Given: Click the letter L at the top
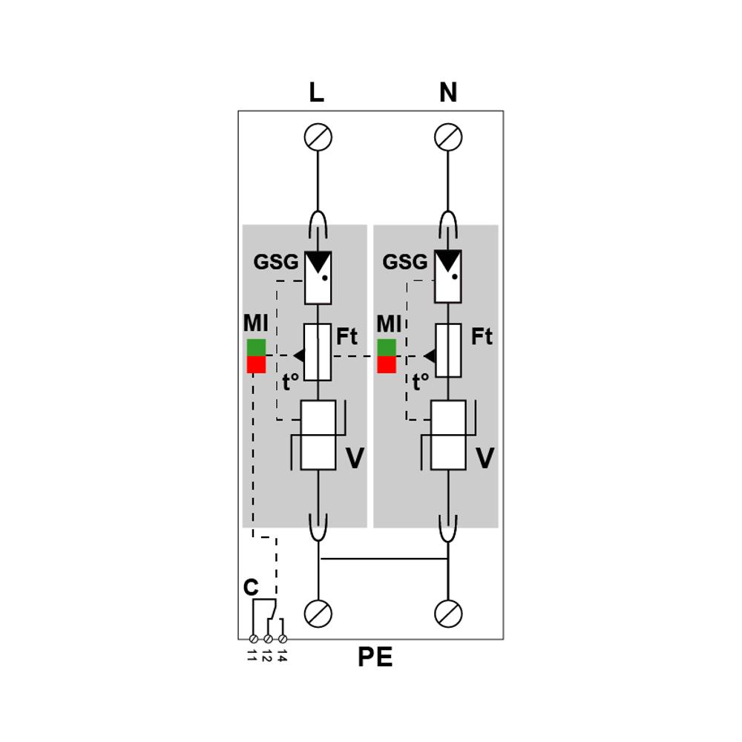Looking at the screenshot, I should tap(317, 93).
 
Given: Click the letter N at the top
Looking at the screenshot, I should tap(448, 93).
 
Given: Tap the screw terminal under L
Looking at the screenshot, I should tap(318, 137).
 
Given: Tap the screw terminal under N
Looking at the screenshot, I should tap(448, 137).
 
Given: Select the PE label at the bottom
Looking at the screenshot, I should tap(375, 657).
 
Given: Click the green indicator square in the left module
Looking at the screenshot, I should tap(256, 347).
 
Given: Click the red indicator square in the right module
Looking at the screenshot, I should tap(387, 365).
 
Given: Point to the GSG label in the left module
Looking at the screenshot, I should tap(276, 262).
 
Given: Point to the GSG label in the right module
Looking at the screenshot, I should tap(405, 262).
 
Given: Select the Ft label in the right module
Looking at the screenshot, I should tap(482, 337).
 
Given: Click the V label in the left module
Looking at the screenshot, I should tap(355, 459).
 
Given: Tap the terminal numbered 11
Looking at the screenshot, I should tap(253, 638).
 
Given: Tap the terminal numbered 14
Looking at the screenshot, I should tap(282, 638).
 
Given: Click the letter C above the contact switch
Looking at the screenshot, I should tap(251, 588).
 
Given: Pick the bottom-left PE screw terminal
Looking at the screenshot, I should tap(318, 614).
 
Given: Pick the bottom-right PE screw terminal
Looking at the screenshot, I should tap(448, 614).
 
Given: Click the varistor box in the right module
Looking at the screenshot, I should tap(448, 435).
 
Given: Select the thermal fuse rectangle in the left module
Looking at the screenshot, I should tap(318, 352).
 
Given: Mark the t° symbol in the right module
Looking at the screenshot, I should tap(421, 383).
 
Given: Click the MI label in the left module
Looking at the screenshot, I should tap(255, 324).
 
